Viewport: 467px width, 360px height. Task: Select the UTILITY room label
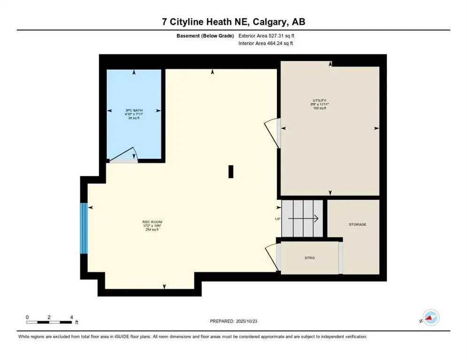coord(320,100)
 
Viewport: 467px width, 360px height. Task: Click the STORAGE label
coord(357,225)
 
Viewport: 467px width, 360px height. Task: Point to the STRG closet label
coord(310,258)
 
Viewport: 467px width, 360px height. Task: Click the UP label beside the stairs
coord(278,219)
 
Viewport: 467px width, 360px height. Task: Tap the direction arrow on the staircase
coord(304,218)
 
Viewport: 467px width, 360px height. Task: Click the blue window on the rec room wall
coord(84,228)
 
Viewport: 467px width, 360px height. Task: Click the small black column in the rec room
coord(231,172)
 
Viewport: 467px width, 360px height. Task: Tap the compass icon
coord(430,317)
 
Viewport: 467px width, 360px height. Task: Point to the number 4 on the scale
coord(71,317)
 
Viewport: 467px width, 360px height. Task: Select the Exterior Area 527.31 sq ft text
coord(266,35)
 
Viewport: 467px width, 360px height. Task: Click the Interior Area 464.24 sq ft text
coord(266,43)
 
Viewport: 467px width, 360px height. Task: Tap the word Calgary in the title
coord(264,22)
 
